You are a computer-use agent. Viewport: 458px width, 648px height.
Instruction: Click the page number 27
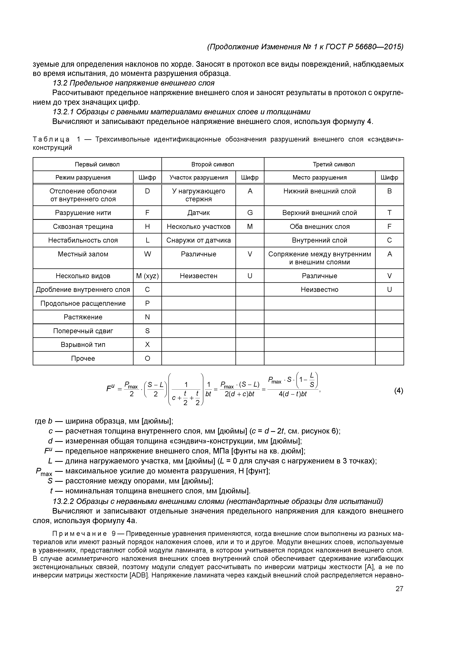(399, 589)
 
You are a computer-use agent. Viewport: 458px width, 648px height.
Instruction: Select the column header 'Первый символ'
(97, 164)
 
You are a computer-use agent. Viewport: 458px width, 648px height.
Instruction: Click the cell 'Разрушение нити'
(83, 213)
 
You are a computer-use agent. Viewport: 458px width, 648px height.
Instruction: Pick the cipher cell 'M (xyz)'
(147, 276)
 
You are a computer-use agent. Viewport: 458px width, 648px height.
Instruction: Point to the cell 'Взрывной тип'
(83, 345)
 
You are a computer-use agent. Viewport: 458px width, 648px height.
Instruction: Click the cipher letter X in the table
(147, 345)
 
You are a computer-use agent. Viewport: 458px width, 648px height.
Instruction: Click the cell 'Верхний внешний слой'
(319, 213)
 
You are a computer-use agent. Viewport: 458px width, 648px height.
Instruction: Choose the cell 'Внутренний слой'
(319, 240)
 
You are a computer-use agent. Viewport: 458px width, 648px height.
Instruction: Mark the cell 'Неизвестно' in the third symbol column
(319, 290)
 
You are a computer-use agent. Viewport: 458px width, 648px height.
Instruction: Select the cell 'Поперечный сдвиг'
(83, 331)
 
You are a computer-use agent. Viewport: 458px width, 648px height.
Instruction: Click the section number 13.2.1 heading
(63, 112)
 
